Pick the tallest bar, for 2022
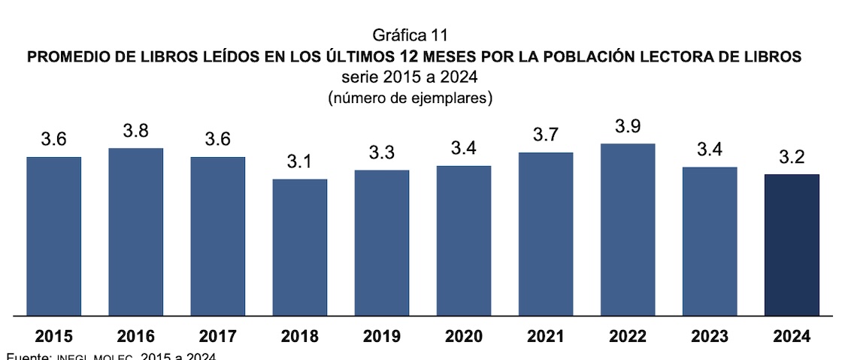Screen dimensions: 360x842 [628, 228]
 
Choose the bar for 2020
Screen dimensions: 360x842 [464, 240]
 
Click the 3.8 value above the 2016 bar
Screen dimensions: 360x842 [135, 131]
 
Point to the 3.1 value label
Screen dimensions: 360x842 [300, 162]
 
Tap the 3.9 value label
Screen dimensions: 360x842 [628, 126]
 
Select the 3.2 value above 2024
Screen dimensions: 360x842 [792, 157]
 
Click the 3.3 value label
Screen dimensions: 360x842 [382, 153]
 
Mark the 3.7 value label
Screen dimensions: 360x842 [546, 135]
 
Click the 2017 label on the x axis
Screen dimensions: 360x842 [217, 337]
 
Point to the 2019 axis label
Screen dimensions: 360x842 [382, 337]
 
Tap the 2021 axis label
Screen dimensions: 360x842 [546, 337]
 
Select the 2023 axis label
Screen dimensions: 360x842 [710, 337]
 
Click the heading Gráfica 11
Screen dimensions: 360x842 [410, 35]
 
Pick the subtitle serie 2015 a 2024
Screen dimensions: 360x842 [410, 77]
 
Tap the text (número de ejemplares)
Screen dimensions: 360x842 [410, 98]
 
